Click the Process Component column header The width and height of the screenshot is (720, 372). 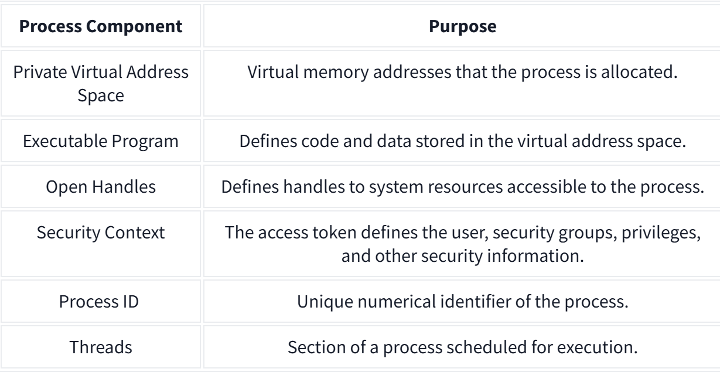coord(101,26)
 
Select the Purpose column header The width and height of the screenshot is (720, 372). coord(463,26)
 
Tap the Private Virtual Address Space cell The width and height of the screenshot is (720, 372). coord(101,83)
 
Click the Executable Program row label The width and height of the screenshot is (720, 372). coord(101,141)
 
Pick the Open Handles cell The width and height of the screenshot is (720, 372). coord(101,187)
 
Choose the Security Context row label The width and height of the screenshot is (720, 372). coord(101,233)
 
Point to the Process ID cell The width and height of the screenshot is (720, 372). coord(98,302)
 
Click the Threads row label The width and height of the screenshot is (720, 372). coord(101,347)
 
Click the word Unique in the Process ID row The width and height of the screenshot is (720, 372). coord(325,302)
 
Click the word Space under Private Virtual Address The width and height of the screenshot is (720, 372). coord(101,96)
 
